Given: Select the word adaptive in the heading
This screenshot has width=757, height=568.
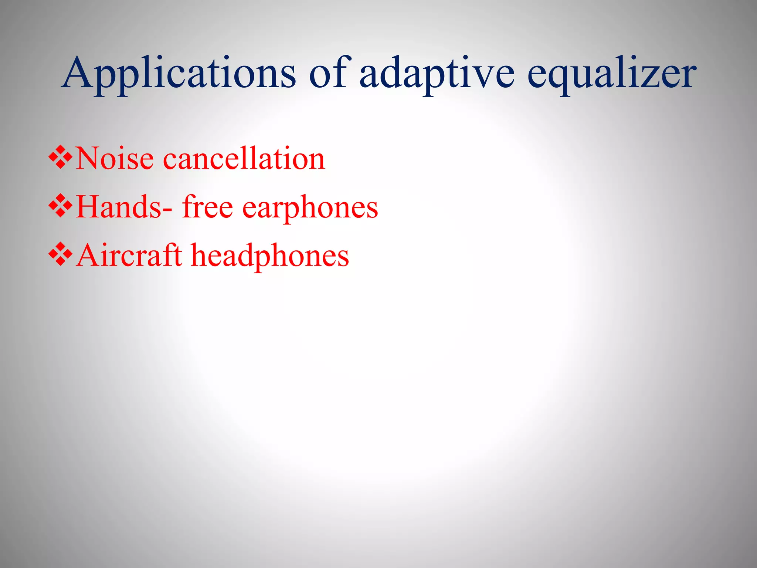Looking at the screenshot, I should [437, 74].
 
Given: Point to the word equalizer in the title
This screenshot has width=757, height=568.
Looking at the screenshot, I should [611, 74].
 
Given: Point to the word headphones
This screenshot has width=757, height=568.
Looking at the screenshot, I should [270, 256].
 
